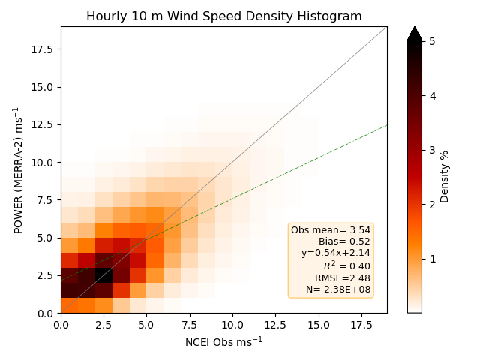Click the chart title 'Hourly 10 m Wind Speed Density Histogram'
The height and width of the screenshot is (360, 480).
224,16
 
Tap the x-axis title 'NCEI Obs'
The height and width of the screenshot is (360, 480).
212,342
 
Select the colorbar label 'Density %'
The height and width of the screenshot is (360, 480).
444,177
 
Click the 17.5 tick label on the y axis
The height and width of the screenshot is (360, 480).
42,49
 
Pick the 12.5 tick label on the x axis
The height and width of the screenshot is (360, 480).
275,325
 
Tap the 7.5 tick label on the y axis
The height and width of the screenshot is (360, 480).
45,200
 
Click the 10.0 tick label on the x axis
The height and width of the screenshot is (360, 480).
232,325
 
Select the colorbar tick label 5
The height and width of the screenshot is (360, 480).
432,41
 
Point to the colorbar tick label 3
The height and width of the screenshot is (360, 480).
432,150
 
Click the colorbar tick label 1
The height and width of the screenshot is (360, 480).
432,259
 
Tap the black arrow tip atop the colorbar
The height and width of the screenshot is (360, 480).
415,27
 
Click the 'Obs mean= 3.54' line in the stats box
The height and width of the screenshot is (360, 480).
331,230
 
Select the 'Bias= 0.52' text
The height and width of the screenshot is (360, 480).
344,241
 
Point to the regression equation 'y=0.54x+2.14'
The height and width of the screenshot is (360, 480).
336,253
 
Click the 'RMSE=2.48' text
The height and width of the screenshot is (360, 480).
343,278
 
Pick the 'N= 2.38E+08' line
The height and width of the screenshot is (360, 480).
338,289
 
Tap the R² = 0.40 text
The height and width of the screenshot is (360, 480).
346,265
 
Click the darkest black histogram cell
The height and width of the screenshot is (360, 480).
104,275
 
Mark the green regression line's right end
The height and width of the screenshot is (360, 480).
387,125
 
